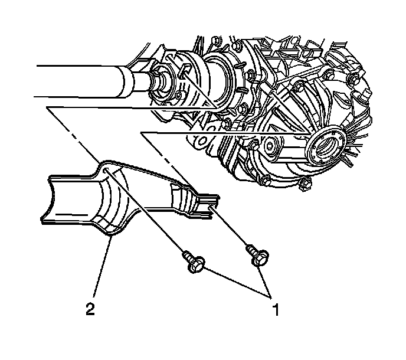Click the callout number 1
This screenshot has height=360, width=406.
click(276, 310)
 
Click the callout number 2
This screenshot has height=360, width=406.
click(90, 309)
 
